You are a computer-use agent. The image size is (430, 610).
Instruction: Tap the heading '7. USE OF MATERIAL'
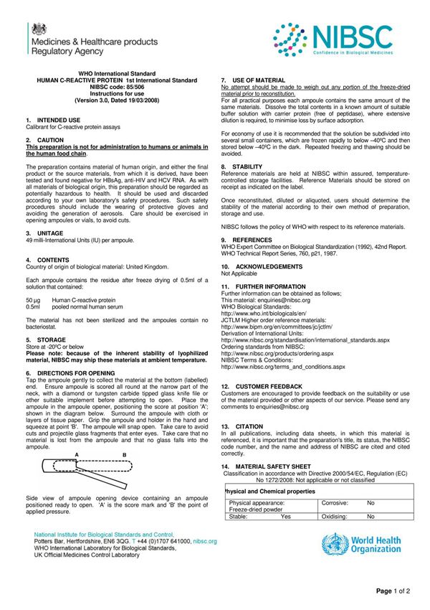coord(253,80)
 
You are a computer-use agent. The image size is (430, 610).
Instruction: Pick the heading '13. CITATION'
coord(242,426)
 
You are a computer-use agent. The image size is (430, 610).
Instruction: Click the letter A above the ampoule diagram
coord(76,454)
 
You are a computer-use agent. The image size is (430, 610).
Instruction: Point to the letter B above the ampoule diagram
coord(124,454)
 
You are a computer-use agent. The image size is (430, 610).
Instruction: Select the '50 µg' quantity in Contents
coord(33,300)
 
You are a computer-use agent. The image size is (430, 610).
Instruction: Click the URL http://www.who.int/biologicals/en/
coord(264,313)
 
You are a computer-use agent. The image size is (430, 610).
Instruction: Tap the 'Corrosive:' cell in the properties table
coord(335,503)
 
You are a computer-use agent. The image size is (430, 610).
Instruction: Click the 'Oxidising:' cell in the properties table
coord(335,516)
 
